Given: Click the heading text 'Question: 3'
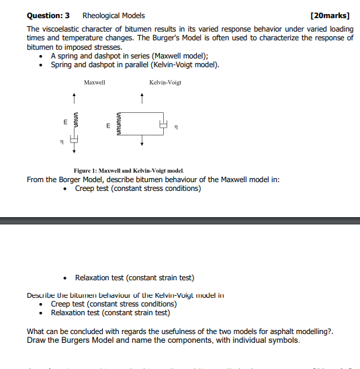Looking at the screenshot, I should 48,15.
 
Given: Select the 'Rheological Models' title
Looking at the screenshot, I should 113,15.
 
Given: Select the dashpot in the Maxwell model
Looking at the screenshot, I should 75,140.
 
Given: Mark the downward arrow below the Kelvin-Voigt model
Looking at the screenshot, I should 142,142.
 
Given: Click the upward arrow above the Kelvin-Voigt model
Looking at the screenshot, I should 142,100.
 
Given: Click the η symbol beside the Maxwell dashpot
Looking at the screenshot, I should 62,142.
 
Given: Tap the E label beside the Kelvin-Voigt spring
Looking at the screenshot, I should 107,126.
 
